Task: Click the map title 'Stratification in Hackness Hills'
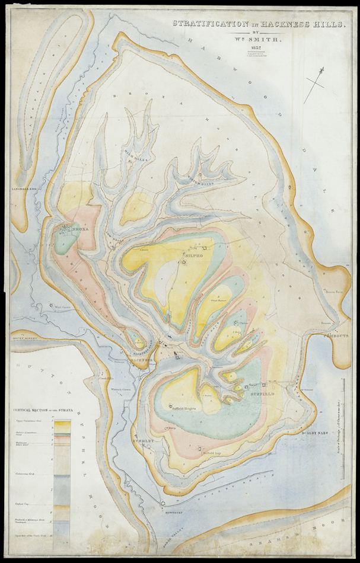pos(259,24)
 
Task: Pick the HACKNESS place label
pos(142,360)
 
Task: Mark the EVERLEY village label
pos(144,442)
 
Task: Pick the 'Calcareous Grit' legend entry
pos(26,475)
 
